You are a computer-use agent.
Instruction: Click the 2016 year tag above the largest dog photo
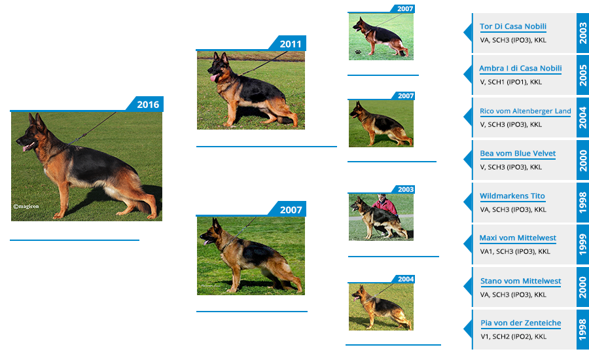click(147, 104)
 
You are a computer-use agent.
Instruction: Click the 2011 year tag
click(290, 44)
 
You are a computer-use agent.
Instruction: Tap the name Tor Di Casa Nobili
click(513, 27)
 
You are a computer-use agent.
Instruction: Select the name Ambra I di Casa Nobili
click(520, 69)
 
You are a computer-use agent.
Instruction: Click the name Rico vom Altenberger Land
click(525, 111)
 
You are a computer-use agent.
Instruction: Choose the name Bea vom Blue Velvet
click(518, 154)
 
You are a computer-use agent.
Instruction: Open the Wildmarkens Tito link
click(512, 196)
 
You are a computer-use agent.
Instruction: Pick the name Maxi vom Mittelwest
click(518, 238)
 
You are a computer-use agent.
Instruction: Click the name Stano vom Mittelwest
click(520, 281)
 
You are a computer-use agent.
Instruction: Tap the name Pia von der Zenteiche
click(520, 323)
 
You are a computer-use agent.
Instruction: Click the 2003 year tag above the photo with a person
click(406, 189)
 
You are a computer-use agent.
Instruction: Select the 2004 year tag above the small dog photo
click(406, 279)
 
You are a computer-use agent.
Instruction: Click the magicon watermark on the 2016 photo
click(27, 206)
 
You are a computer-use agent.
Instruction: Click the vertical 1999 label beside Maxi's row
click(582, 245)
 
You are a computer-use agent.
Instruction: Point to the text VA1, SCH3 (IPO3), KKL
click(515, 251)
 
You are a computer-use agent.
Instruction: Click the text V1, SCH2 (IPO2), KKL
click(513, 336)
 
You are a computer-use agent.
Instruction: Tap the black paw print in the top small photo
click(358, 51)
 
